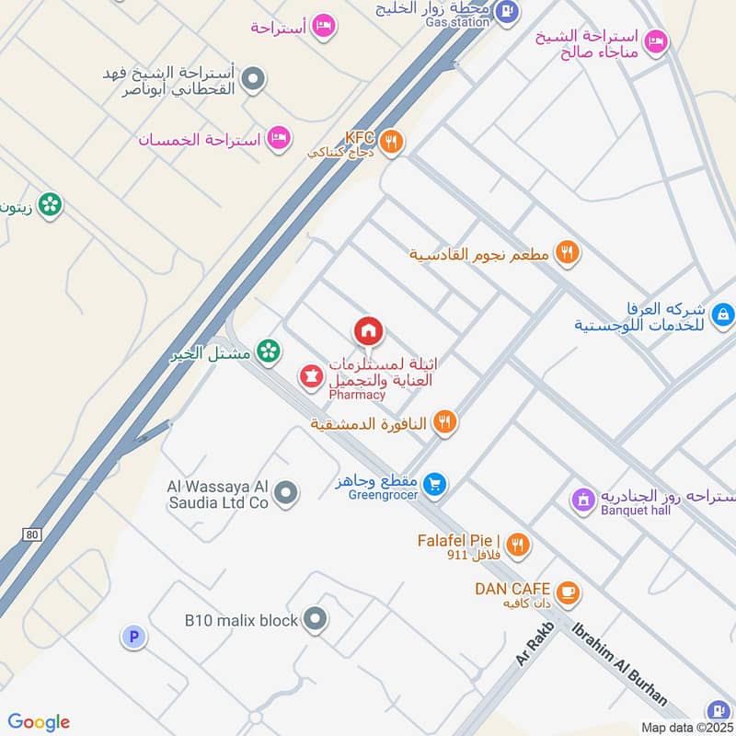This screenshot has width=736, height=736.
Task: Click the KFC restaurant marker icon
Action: pyautogui.click(x=392, y=141)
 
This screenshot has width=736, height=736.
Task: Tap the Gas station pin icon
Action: pyautogui.click(x=507, y=11)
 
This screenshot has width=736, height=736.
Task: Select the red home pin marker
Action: pyautogui.click(x=368, y=330)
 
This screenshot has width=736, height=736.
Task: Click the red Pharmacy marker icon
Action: pyautogui.click(x=310, y=376)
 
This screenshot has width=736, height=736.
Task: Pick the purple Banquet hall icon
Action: pyautogui.click(x=582, y=500)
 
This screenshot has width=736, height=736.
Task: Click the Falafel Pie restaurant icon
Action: pyautogui.click(x=518, y=545)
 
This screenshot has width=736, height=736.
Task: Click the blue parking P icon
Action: pyautogui.click(x=133, y=637)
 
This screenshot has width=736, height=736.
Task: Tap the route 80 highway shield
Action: pyautogui.click(x=32, y=533)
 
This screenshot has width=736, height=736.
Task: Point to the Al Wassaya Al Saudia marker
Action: pyautogui.click(x=287, y=494)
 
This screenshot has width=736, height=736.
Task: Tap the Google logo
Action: pyautogui.click(x=39, y=721)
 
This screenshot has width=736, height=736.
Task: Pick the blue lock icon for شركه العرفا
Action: pyautogui.click(x=723, y=315)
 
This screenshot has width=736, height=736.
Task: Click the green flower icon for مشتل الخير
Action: pyautogui.click(x=268, y=351)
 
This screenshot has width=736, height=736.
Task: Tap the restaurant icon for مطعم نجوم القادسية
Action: pyautogui.click(x=568, y=253)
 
